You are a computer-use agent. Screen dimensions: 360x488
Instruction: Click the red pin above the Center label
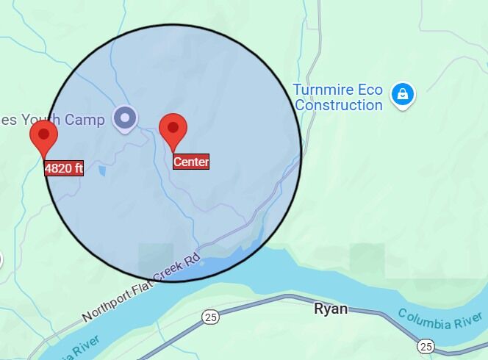[x=173, y=130]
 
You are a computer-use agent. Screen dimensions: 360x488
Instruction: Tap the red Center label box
[x=191, y=162]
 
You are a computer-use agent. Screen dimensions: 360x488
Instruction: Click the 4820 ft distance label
[x=64, y=168]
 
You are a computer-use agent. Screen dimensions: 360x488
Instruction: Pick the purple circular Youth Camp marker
[x=125, y=118]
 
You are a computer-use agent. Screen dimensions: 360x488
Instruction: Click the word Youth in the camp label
[x=41, y=120]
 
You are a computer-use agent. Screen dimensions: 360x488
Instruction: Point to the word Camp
[x=85, y=120]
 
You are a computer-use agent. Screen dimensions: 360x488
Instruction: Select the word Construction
[x=339, y=105]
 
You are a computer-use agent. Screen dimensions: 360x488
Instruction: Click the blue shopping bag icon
[x=403, y=94]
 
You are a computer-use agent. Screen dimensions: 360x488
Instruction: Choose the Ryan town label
[x=331, y=309]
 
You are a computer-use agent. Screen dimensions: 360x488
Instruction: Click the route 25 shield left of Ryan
[x=212, y=317]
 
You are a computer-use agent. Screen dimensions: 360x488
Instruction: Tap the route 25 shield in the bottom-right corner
[x=426, y=345]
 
